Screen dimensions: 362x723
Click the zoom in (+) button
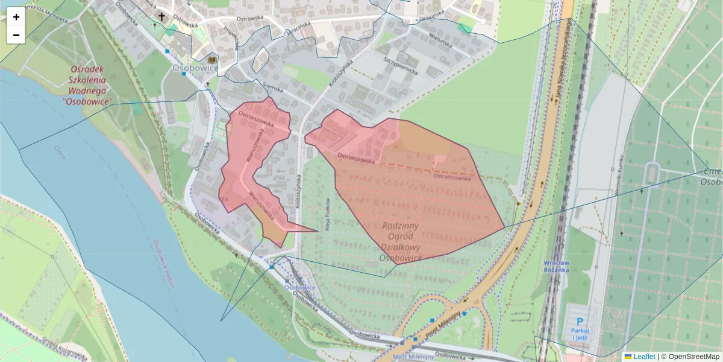click(x=16, y=17)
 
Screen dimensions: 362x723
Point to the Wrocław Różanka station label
click(x=556, y=266)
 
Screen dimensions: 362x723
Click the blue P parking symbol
click(x=580, y=322)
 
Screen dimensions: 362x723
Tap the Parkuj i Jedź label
click(x=580, y=334)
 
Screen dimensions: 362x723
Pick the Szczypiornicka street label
click(x=401, y=65)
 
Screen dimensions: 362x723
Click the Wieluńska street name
click(x=439, y=40)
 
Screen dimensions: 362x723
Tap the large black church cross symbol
click(x=161, y=16)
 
